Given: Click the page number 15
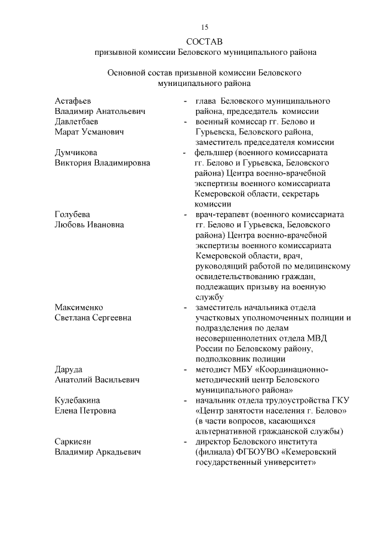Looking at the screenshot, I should [205, 27].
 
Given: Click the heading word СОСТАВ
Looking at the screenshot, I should [204, 42].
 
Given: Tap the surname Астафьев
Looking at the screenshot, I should [73, 101].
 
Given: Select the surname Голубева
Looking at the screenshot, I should [72, 214].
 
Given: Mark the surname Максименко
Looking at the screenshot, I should [79, 307].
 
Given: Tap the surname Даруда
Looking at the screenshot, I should [69, 369].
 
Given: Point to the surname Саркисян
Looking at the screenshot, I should [73, 442].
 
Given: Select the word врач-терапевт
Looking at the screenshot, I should [223, 214].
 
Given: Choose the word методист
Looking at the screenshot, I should [213, 369].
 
